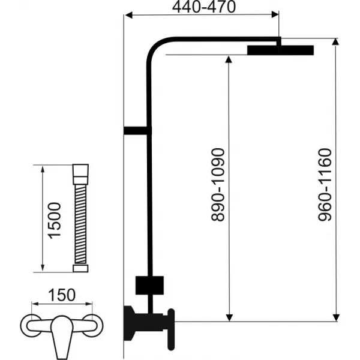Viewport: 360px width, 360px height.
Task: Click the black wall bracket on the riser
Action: (136, 130)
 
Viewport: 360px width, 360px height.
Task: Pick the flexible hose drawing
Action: (79, 220)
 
